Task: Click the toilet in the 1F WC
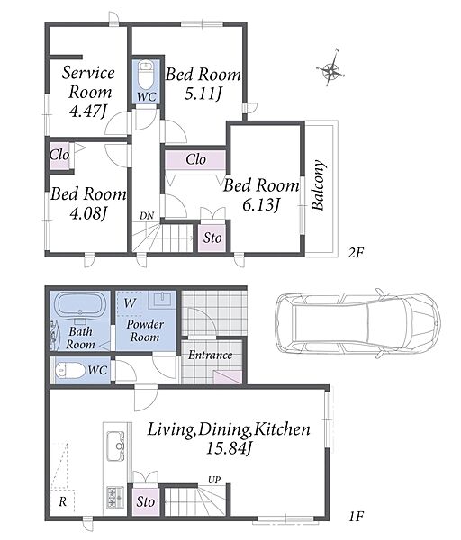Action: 70,371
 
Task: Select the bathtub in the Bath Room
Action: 81,303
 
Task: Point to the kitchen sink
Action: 115,446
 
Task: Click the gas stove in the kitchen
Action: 115,498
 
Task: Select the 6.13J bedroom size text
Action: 260,206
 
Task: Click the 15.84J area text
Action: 230,448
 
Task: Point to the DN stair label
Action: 147,216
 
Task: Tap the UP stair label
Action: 214,480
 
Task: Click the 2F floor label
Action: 356,254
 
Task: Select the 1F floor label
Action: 356,517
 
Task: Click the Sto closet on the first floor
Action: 145,502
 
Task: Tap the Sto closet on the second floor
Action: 212,238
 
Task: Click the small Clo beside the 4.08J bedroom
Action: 59,156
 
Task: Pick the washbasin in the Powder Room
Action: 163,301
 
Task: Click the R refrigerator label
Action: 62,502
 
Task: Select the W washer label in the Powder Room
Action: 130,303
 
